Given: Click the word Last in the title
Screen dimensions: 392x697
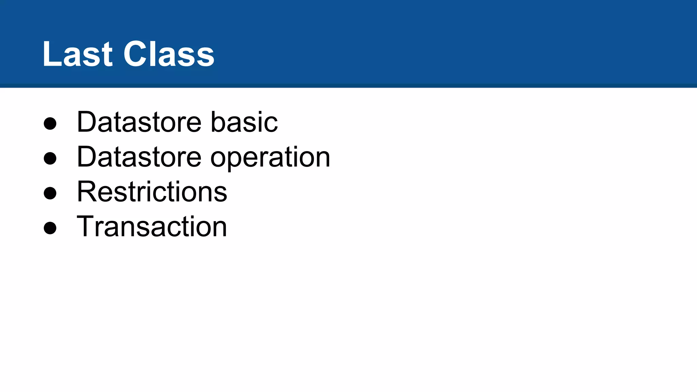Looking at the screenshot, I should point(77,54).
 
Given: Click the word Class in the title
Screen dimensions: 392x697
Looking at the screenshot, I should point(169,54).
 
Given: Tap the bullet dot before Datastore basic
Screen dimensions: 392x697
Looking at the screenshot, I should point(50,123).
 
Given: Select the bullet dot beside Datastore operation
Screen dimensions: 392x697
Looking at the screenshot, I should point(50,158).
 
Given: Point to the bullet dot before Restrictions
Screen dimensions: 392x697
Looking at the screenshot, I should point(50,193).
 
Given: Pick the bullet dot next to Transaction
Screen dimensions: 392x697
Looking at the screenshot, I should point(50,228).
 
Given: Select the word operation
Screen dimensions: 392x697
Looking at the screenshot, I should point(270,158).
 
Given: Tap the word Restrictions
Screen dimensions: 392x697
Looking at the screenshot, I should point(152,192).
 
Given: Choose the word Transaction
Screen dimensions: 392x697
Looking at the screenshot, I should point(152,227).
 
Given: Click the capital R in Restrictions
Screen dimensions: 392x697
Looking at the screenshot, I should point(86,192).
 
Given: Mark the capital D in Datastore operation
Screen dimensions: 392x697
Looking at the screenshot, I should point(87,157).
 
